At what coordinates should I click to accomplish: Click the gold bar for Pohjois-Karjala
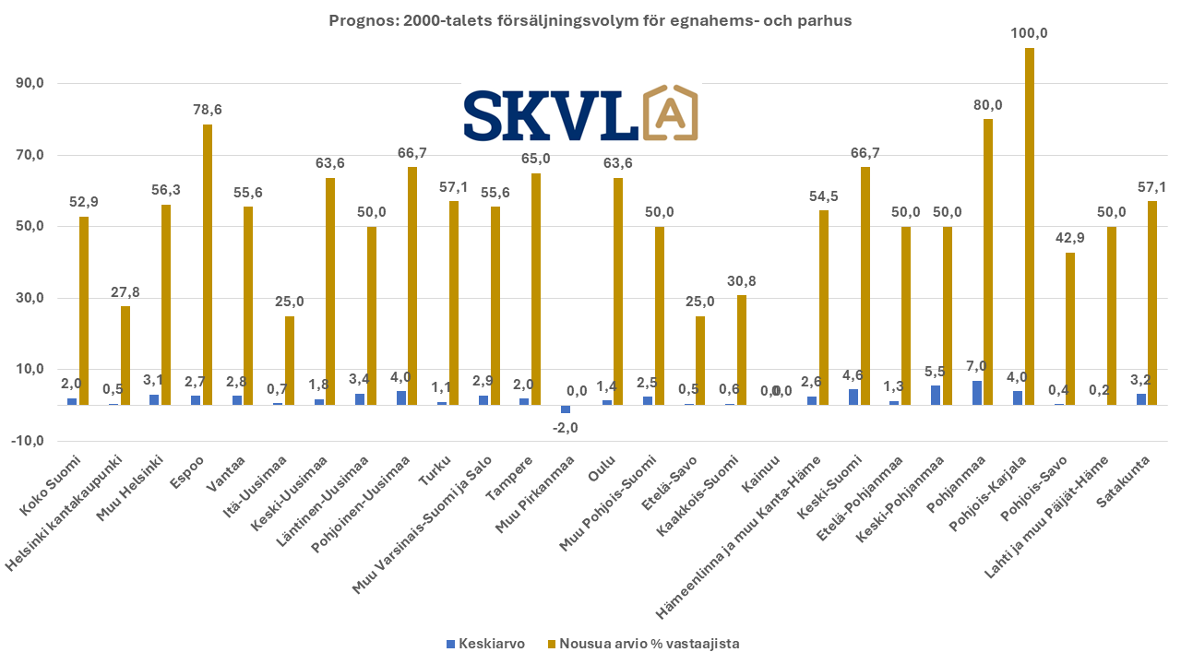[x=1030, y=226]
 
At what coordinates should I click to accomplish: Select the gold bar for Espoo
[x=208, y=265]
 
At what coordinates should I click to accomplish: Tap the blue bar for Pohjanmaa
[x=977, y=393]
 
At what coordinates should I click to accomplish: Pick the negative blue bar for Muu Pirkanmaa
[x=566, y=409]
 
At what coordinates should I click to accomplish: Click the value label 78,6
[x=208, y=110]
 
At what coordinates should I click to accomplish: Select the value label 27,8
[x=125, y=291]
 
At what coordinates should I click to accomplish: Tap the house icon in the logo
[x=669, y=114]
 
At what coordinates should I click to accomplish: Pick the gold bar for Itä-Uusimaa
[x=290, y=361]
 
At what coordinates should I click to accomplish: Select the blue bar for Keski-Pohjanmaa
[x=936, y=395]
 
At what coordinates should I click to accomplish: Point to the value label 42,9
[x=1070, y=238]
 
